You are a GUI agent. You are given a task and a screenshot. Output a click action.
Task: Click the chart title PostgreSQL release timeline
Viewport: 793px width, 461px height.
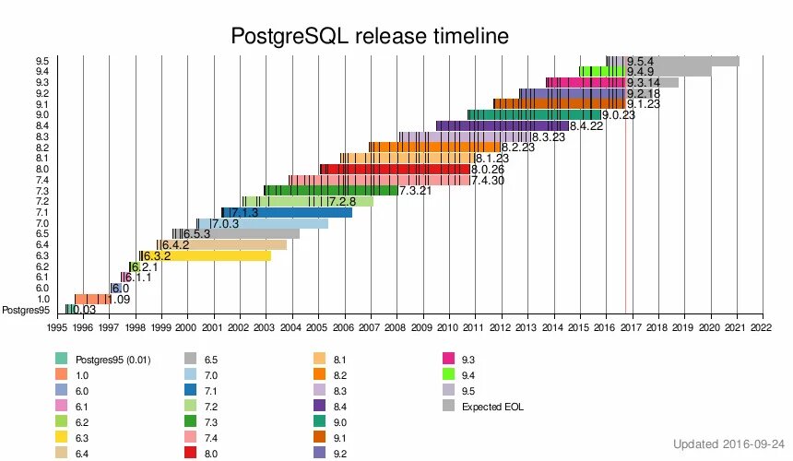coord(369,36)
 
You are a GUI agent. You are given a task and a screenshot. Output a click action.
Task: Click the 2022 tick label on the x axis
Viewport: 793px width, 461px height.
coord(762,325)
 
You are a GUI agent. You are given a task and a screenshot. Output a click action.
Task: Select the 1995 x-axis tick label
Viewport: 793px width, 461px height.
coord(57,325)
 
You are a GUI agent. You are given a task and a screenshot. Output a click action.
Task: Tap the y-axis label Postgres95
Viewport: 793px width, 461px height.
coord(25,310)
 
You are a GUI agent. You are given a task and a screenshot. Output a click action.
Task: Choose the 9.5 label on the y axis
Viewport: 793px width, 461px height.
coord(42,61)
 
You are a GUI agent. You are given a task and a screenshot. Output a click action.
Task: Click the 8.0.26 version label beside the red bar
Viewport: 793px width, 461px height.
coord(488,170)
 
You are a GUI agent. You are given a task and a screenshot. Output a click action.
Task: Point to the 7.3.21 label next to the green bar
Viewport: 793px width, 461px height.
coord(415,191)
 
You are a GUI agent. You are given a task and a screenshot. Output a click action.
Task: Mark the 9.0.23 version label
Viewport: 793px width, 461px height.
coord(619,115)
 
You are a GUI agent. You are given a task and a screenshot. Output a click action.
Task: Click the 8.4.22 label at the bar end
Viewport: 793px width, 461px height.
coord(586,126)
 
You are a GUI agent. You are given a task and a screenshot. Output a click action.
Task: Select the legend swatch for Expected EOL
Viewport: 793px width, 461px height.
coord(448,406)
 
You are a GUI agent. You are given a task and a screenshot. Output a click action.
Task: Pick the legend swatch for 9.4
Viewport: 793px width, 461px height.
coord(448,373)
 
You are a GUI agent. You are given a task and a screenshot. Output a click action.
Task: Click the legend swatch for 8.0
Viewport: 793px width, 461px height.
coord(319,454)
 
